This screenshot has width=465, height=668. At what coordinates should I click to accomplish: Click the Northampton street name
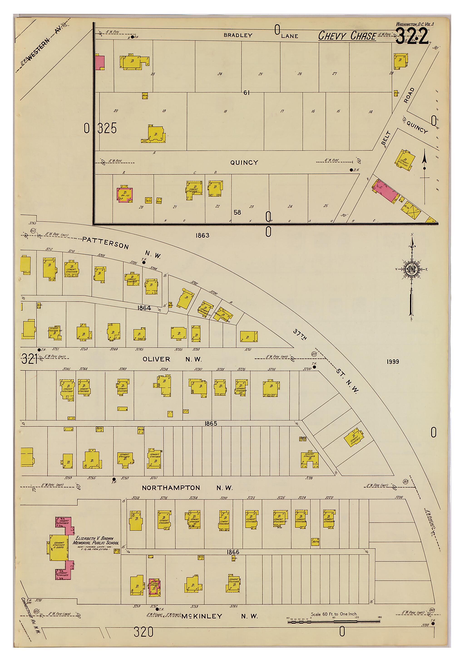point(171,487)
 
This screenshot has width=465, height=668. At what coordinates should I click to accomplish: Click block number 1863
point(202,235)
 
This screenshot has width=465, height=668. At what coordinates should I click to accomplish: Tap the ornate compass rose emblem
point(411,270)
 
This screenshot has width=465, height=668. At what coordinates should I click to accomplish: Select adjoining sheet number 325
point(107,128)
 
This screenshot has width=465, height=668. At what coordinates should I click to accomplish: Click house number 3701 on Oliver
point(248,349)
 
